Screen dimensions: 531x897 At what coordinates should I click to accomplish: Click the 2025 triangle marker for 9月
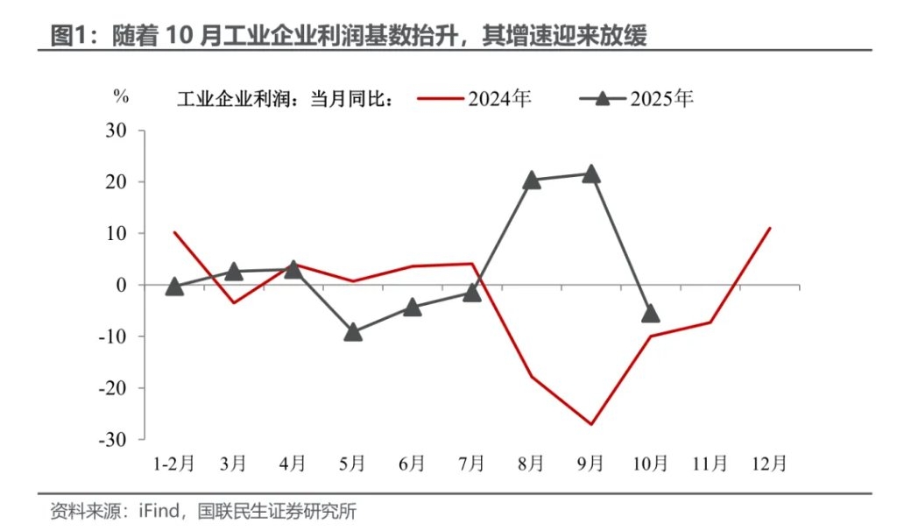coord(590,173)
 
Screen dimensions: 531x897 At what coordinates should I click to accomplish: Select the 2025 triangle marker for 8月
coord(532,181)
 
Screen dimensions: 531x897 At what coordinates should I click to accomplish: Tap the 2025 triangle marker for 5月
coord(353,332)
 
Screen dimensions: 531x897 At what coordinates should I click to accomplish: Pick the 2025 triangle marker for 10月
coord(651,313)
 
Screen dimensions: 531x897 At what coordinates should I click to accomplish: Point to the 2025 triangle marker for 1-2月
coord(174,287)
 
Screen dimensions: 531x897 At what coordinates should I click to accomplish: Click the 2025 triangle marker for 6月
coord(413,307)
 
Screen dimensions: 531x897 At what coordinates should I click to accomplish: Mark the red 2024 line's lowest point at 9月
coord(591,424)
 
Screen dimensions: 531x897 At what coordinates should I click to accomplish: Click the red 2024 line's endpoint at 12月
coord(770,228)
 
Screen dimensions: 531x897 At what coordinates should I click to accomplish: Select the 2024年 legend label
coord(499,98)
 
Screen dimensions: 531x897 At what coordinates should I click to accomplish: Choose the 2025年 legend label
coord(661,98)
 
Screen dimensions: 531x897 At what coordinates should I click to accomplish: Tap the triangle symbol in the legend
coord(602,98)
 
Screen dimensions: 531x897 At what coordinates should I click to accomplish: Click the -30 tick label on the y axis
coord(113,439)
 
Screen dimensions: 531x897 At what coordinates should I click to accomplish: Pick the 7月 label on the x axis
coord(471,463)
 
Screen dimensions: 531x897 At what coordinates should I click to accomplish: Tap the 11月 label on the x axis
coord(710,463)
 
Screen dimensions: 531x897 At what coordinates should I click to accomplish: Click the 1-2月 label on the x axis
coord(173,463)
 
